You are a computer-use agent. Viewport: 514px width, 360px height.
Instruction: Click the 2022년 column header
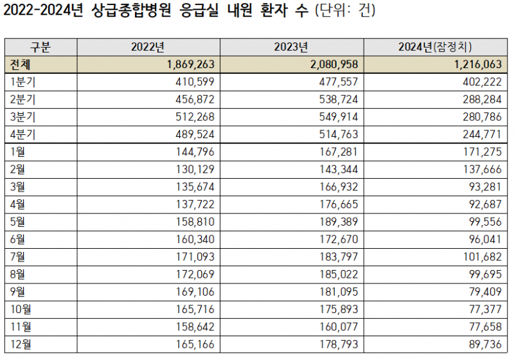tap(148, 47)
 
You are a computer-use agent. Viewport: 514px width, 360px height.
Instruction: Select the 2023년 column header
tap(292, 47)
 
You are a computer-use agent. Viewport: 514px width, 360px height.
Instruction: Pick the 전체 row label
tap(22, 64)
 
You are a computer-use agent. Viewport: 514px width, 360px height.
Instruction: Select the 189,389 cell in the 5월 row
tap(337, 222)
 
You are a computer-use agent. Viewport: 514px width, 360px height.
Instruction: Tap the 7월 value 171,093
tap(193, 257)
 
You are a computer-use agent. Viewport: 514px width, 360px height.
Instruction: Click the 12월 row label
tap(21, 344)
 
